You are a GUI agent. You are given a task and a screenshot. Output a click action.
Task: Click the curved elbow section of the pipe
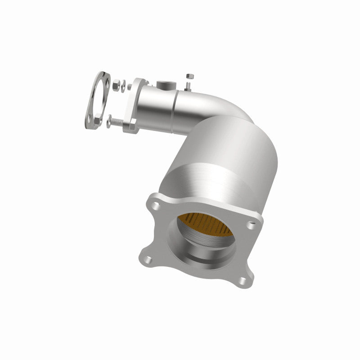tap(211, 106)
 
